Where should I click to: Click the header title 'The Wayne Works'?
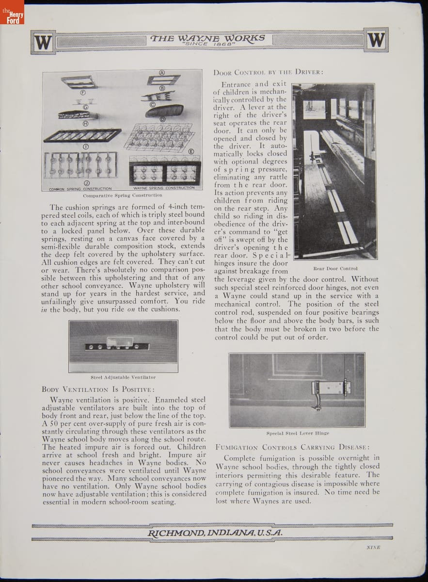pyautogui.click(x=208, y=38)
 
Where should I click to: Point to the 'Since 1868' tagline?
pyautogui.click(x=208, y=45)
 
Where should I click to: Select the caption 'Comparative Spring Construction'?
pyautogui.click(x=123, y=195)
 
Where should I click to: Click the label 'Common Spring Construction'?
pyautogui.click(x=80, y=189)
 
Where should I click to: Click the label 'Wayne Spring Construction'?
pyautogui.click(x=164, y=188)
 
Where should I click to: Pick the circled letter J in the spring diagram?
pyautogui.click(x=86, y=183)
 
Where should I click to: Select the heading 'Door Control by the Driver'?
pyautogui.click(x=268, y=73)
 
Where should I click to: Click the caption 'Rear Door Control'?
pyautogui.click(x=335, y=268)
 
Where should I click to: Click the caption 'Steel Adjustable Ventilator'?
pyautogui.click(x=123, y=377)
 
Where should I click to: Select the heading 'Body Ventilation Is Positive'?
pyautogui.click(x=98, y=389)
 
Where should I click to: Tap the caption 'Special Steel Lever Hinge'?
pyautogui.click(x=298, y=433)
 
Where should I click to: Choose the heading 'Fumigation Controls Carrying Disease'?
pyautogui.click(x=293, y=447)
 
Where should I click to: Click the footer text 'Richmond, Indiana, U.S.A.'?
pyautogui.click(x=215, y=533)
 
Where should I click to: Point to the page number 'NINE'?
pyautogui.click(x=373, y=547)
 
